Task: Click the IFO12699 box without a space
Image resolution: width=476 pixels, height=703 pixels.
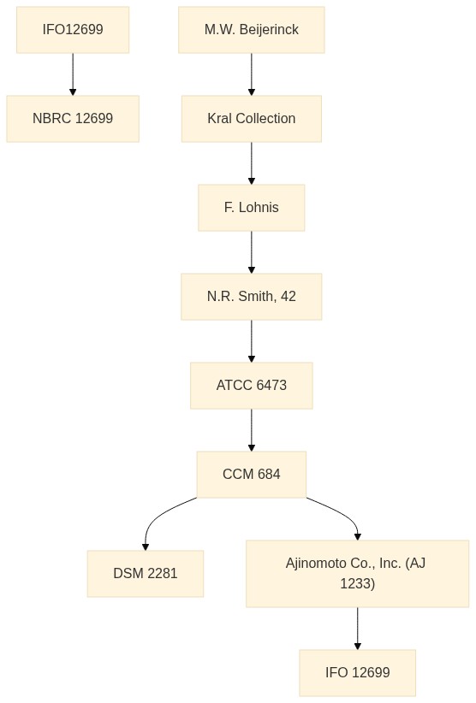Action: [x=73, y=30]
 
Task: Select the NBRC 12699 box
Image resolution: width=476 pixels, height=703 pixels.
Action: [x=73, y=119]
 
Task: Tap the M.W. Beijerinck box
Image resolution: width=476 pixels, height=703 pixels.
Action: [x=251, y=30]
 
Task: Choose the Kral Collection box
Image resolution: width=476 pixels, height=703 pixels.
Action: [x=251, y=119]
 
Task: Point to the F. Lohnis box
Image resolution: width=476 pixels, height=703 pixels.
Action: [x=251, y=208]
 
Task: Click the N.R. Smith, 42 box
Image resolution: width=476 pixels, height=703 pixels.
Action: [x=251, y=297]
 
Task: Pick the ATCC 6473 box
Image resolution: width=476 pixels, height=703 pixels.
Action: [x=251, y=386]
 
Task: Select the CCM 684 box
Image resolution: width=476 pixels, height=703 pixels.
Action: [x=251, y=475]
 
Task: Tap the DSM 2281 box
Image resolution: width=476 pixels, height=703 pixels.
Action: [x=146, y=573]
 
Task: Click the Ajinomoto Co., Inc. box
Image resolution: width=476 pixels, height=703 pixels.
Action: [x=357, y=573]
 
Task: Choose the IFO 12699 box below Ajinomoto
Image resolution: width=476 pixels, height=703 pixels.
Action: [x=357, y=672]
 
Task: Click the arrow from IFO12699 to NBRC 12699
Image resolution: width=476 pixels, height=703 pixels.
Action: [x=73, y=74]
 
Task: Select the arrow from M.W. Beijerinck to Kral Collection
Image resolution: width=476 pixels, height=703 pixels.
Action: [x=251, y=74]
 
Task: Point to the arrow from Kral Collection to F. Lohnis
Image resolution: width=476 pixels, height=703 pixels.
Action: [x=251, y=163]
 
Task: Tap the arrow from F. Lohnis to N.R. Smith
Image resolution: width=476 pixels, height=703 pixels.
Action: [x=251, y=252]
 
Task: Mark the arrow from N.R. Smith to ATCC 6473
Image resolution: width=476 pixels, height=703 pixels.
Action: [x=251, y=341]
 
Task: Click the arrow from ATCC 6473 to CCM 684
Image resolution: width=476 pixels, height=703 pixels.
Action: [x=251, y=430]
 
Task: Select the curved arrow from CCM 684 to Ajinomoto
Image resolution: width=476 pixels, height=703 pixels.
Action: [x=344, y=513]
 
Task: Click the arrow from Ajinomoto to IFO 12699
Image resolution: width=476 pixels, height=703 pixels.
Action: [x=357, y=628]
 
